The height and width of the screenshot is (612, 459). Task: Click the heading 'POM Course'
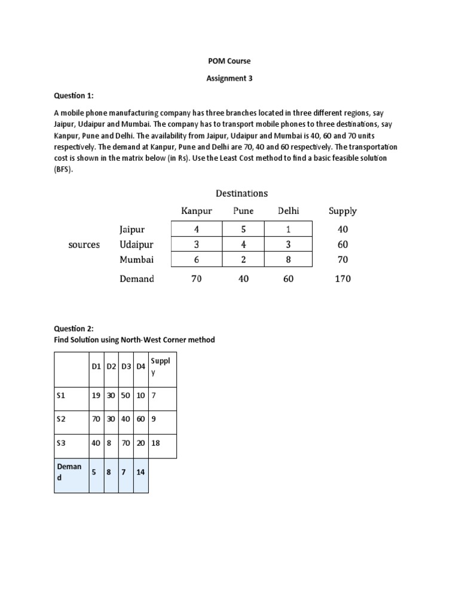coord(229,62)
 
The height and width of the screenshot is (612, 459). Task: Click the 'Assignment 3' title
coord(229,78)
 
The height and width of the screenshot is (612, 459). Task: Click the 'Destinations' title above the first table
coord(241,193)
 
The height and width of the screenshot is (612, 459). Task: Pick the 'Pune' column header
coord(243,210)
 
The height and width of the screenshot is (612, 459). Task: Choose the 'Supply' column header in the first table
coord(342,210)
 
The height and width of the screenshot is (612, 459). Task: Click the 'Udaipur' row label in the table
coord(137,244)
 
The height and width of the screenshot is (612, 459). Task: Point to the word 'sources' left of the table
coord(84,244)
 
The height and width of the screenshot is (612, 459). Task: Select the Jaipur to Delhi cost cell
coord(288,229)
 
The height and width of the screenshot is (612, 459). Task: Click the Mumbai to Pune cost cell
coord(243,259)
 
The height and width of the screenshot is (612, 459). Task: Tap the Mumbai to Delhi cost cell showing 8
coord(288,259)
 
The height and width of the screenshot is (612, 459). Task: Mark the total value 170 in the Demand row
coord(342,279)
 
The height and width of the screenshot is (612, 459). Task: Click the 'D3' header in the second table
coord(126,366)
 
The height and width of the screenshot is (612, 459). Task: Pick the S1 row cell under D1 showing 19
coord(96,395)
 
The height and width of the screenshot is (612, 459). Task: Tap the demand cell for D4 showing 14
coord(140,472)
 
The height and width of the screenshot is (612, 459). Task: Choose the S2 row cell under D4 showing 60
coord(140,419)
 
